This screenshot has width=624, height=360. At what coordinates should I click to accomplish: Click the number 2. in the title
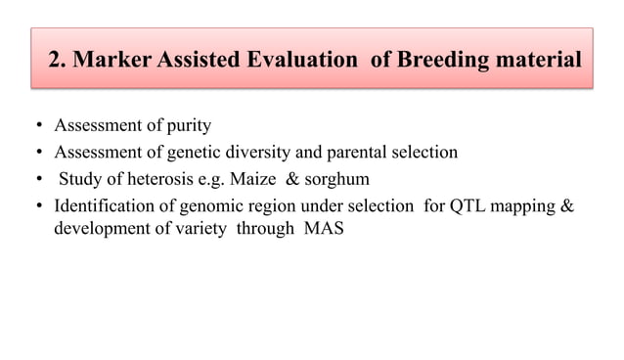(x=56, y=61)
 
